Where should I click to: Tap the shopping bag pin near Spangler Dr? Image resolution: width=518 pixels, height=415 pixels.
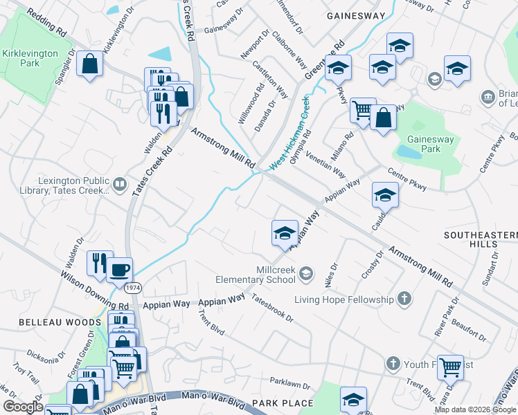tap(90, 65)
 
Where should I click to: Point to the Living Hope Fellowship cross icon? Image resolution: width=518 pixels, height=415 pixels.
tap(404, 299)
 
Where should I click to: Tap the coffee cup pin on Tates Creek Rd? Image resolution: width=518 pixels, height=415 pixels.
tap(119, 269)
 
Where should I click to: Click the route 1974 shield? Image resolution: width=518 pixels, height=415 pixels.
tap(133, 286)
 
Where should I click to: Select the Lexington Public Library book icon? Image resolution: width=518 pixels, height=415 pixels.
tap(119, 184)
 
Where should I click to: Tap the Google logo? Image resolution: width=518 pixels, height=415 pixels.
tap(22, 407)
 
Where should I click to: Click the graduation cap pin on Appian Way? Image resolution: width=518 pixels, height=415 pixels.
tap(285, 233)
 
